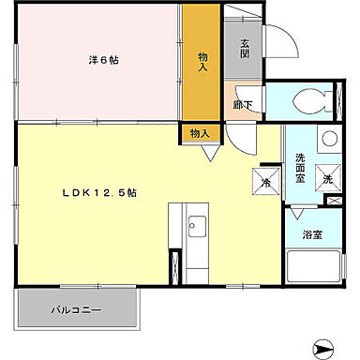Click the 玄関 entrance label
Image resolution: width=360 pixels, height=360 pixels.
pyautogui.click(x=244, y=46)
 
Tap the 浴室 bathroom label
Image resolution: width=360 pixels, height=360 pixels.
pyautogui.click(x=312, y=236)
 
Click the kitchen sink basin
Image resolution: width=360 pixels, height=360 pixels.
pyautogui.click(x=197, y=226)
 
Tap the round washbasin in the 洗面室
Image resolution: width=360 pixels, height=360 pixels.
pyautogui.click(x=327, y=141)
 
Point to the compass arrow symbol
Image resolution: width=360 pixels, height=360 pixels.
pyautogui.click(x=324, y=346)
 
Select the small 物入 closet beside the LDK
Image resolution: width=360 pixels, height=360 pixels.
pyautogui.click(x=199, y=134)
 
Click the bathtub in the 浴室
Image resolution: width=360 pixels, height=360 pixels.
pyautogui.click(x=311, y=269)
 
